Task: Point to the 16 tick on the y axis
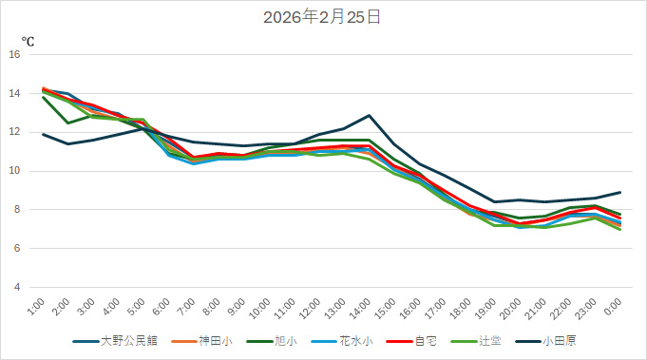coord(14,55)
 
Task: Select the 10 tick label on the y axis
coord(14,171)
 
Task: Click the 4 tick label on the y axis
coord(16,287)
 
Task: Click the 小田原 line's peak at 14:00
coord(370,116)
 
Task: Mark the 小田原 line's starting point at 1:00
coord(44,134)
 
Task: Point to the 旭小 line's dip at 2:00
coord(67,123)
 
